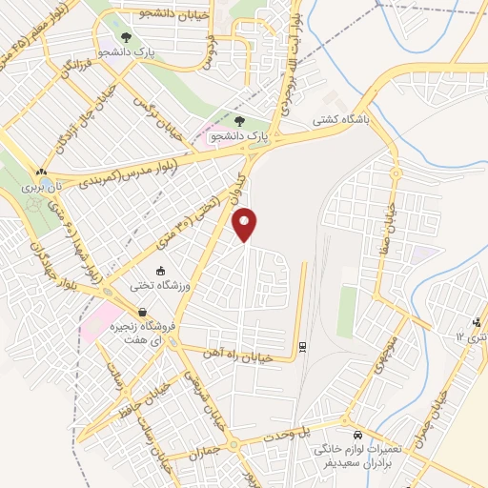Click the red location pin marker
click(x=245, y=224)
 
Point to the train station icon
click(x=303, y=346)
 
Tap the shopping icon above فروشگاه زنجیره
click(x=142, y=312)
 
